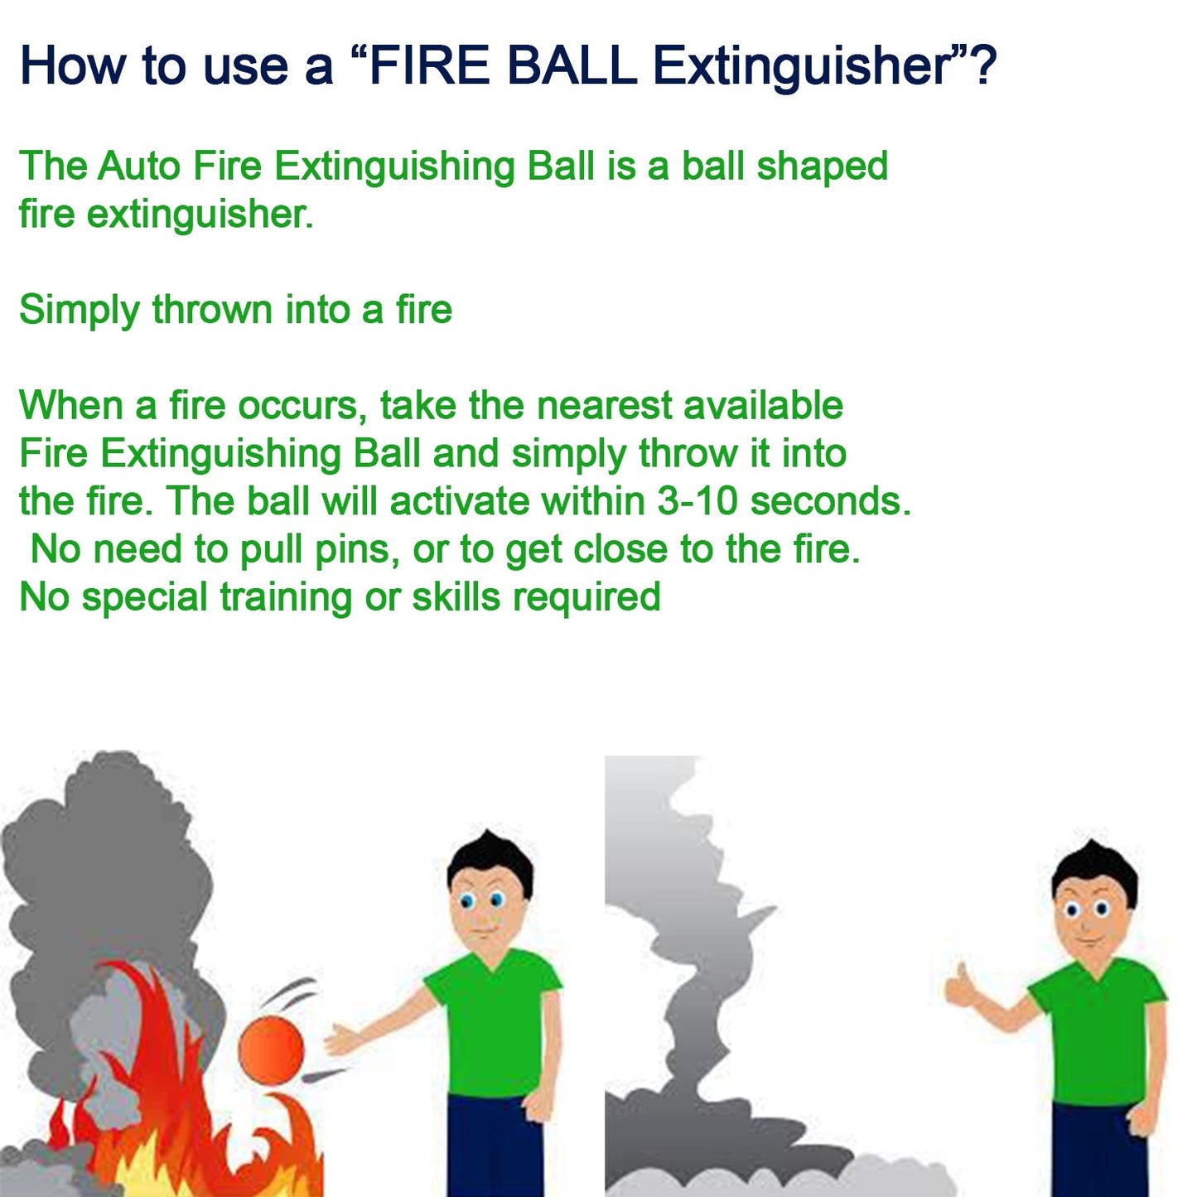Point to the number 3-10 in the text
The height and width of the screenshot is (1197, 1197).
click(697, 501)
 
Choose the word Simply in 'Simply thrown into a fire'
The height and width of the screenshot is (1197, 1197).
click(80, 311)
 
